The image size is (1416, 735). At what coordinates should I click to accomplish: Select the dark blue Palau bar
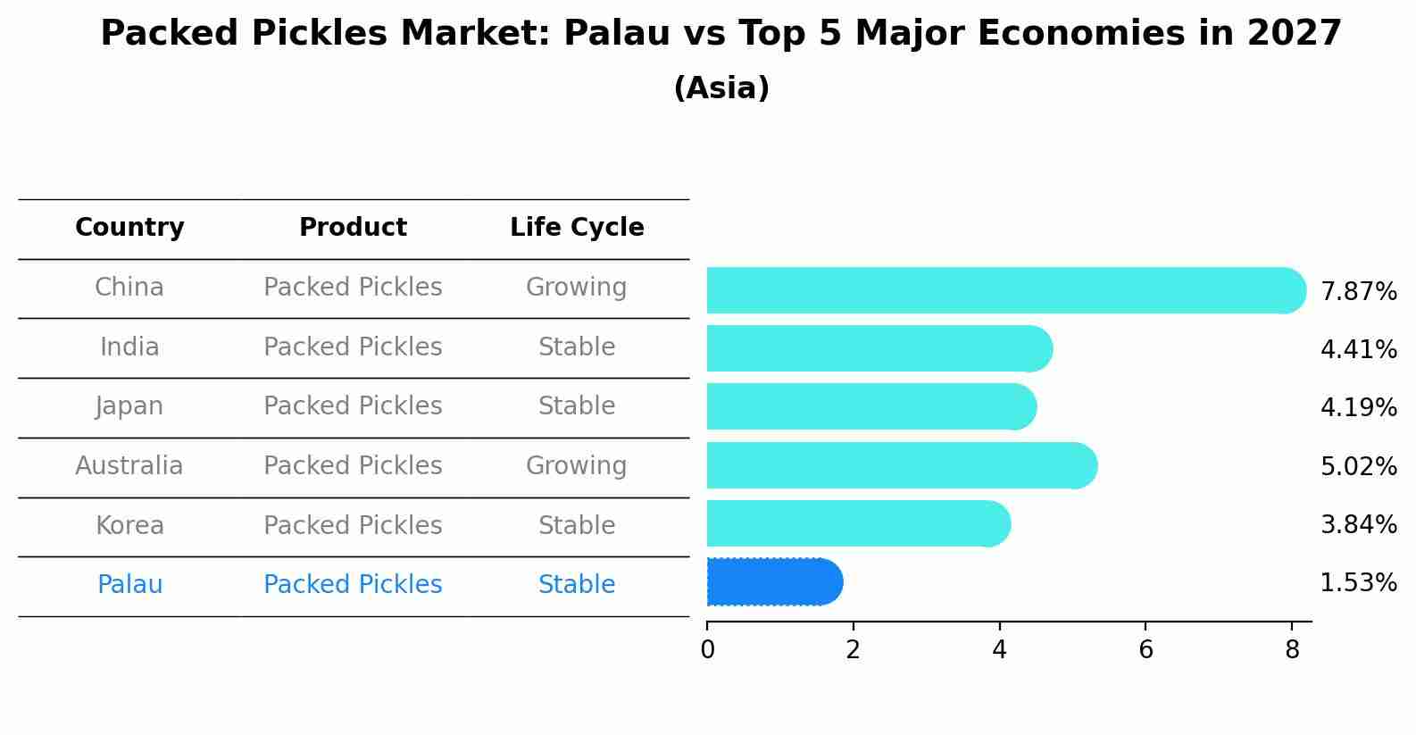772,582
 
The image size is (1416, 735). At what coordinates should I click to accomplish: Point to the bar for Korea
857,524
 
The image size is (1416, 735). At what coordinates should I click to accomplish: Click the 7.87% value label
1358,292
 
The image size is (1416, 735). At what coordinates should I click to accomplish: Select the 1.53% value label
1358,583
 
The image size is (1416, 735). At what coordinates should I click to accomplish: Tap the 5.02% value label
1358,467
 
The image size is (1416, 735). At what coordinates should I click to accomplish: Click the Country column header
129,228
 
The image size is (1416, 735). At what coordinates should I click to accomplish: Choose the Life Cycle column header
577,228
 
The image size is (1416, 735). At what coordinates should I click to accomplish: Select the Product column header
353,228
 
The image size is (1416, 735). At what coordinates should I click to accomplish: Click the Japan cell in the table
129,406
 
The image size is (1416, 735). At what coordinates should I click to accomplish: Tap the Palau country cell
129,585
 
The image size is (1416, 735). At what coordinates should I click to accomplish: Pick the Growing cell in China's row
576,288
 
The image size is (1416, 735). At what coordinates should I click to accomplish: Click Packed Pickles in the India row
353,347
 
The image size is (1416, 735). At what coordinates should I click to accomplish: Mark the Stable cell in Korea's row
577,526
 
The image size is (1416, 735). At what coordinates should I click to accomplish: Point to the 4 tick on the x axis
999,650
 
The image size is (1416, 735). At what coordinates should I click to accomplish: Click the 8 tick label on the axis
1292,650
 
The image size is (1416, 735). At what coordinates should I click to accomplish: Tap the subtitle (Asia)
721,88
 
